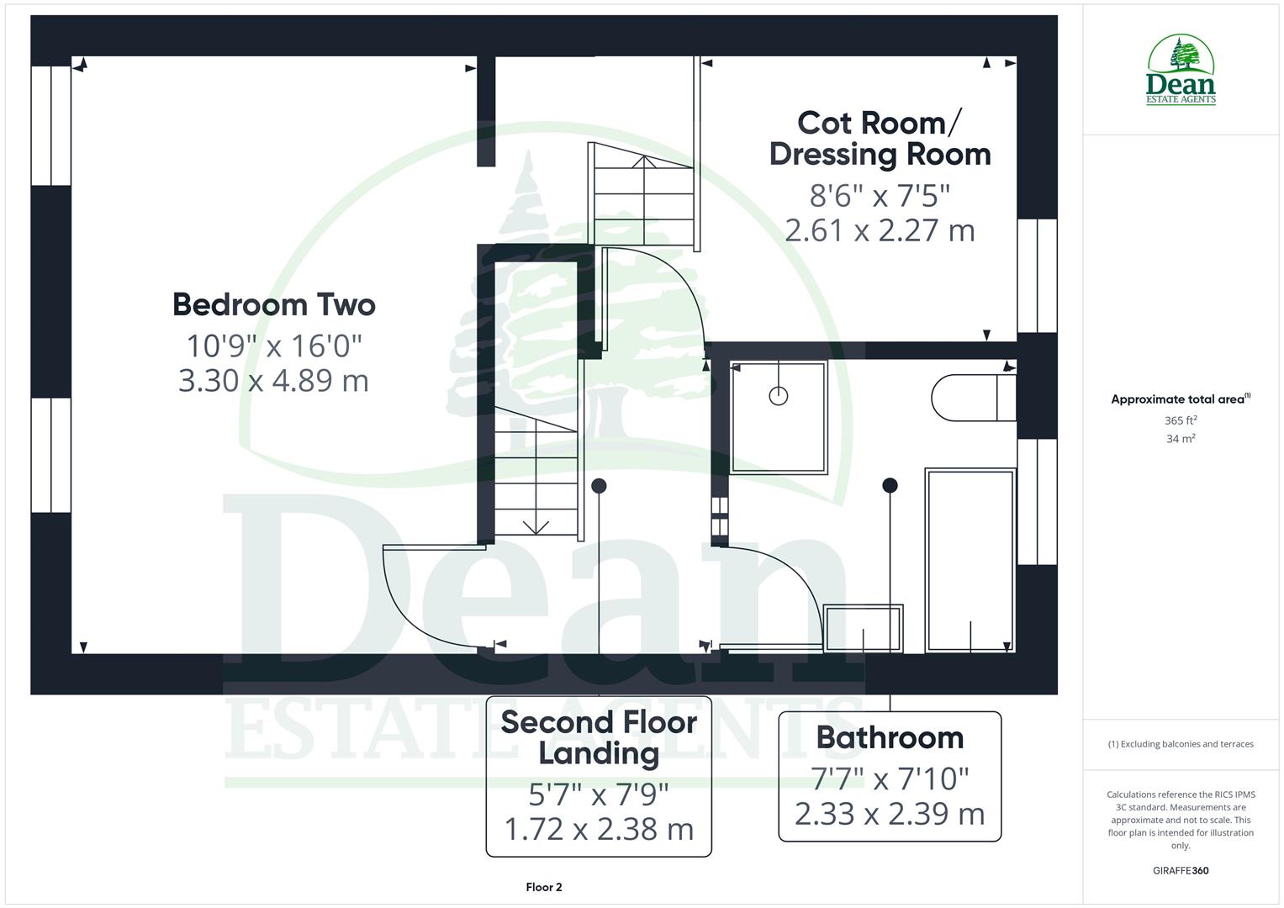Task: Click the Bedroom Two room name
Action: [x=273, y=304]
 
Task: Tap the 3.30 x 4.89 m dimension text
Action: [x=273, y=381]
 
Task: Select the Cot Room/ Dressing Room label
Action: [x=880, y=139]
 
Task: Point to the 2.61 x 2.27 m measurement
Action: [x=880, y=230]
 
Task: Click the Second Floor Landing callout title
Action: [x=599, y=737]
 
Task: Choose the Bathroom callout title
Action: [x=890, y=737]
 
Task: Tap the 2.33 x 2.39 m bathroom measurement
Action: [x=890, y=814]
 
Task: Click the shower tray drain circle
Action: [x=779, y=395]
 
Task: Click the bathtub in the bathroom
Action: [x=970, y=560]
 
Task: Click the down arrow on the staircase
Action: [x=536, y=526]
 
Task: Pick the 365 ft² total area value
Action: [x=1181, y=420]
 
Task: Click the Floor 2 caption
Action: [x=544, y=887]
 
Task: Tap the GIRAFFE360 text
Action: [x=1181, y=870]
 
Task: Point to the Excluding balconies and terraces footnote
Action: [x=1181, y=744]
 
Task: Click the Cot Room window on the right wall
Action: [x=1037, y=275]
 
